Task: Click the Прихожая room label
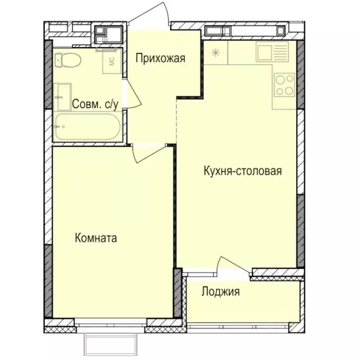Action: click(x=161, y=59)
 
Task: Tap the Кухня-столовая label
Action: click(x=242, y=171)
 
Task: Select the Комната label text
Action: click(x=96, y=238)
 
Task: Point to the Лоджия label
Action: click(x=220, y=292)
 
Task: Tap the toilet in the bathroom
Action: click(x=67, y=60)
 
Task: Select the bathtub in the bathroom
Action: click(x=87, y=126)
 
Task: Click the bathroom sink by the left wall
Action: click(x=62, y=97)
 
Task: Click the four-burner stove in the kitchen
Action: click(x=284, y=85)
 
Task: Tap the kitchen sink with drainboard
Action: click(x=273, y=52)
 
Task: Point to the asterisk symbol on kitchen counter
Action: click(x=215, y=52)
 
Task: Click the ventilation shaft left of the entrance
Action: click(x=108, y=34)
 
